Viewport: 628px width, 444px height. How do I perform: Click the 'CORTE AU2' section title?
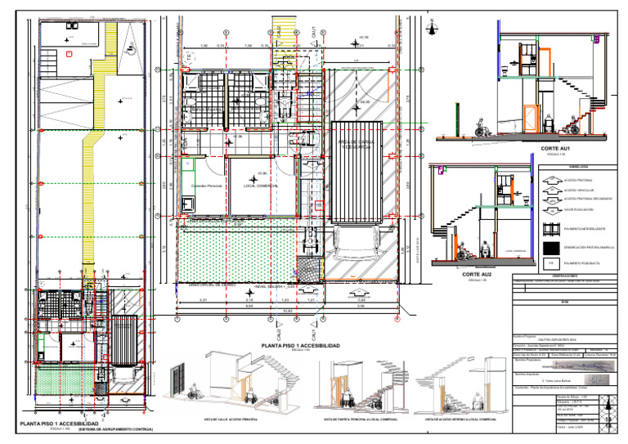(475, 274)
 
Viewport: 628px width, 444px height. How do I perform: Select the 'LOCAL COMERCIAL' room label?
(262, 186)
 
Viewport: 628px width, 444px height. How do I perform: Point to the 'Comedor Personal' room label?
(206, 186)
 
